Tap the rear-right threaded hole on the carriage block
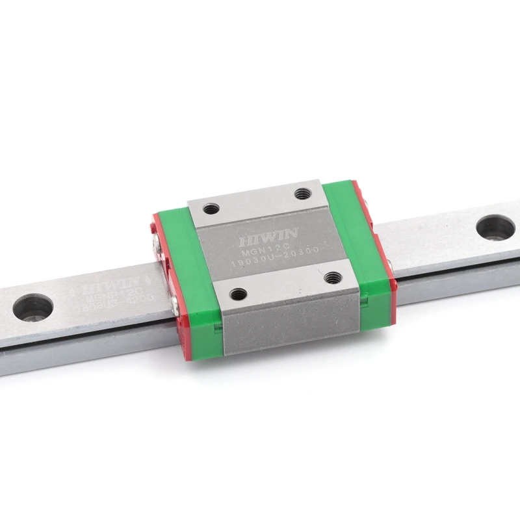(302, 193)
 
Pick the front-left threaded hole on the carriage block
(239, 293)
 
